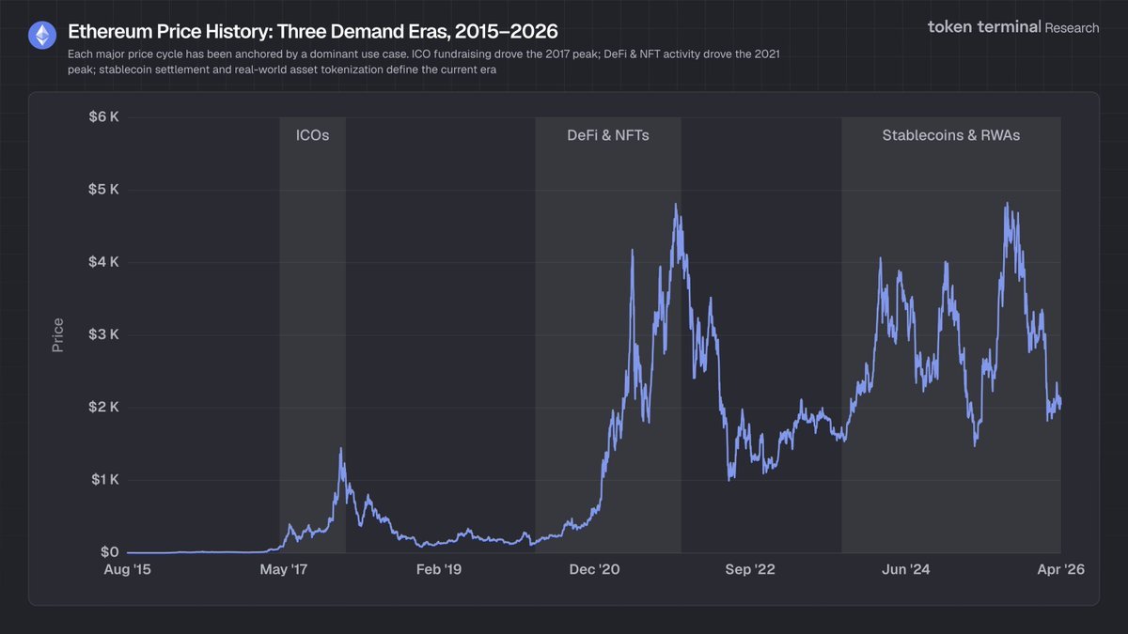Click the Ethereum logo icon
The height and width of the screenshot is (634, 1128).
(x=41, y=36)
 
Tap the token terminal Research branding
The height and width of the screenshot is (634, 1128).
(x=1012, y=27)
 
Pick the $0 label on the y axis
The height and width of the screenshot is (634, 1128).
(x=108, y=552)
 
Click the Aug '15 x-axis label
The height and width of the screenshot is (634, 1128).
(x=127, y=570)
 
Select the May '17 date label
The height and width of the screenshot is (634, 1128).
(x=283, y=570)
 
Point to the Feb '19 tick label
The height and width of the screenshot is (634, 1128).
(x=439, y=570)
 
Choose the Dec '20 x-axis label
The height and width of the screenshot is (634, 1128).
(x=595, y=570)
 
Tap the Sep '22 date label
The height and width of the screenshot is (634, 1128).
(x=750, y=570)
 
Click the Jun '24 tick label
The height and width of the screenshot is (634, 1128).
(x=906, y=570)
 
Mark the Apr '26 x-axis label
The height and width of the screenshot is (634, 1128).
(x=1061, y=570)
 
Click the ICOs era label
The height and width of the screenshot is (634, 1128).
(x=312, y=135)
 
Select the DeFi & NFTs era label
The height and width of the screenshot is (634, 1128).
(x=607, y=135)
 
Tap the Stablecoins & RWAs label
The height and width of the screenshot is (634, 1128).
(x=950, y=135)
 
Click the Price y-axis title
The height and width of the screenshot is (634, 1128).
(x=58, y=335)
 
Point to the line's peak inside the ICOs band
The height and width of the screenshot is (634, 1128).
(x=340, y=449)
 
